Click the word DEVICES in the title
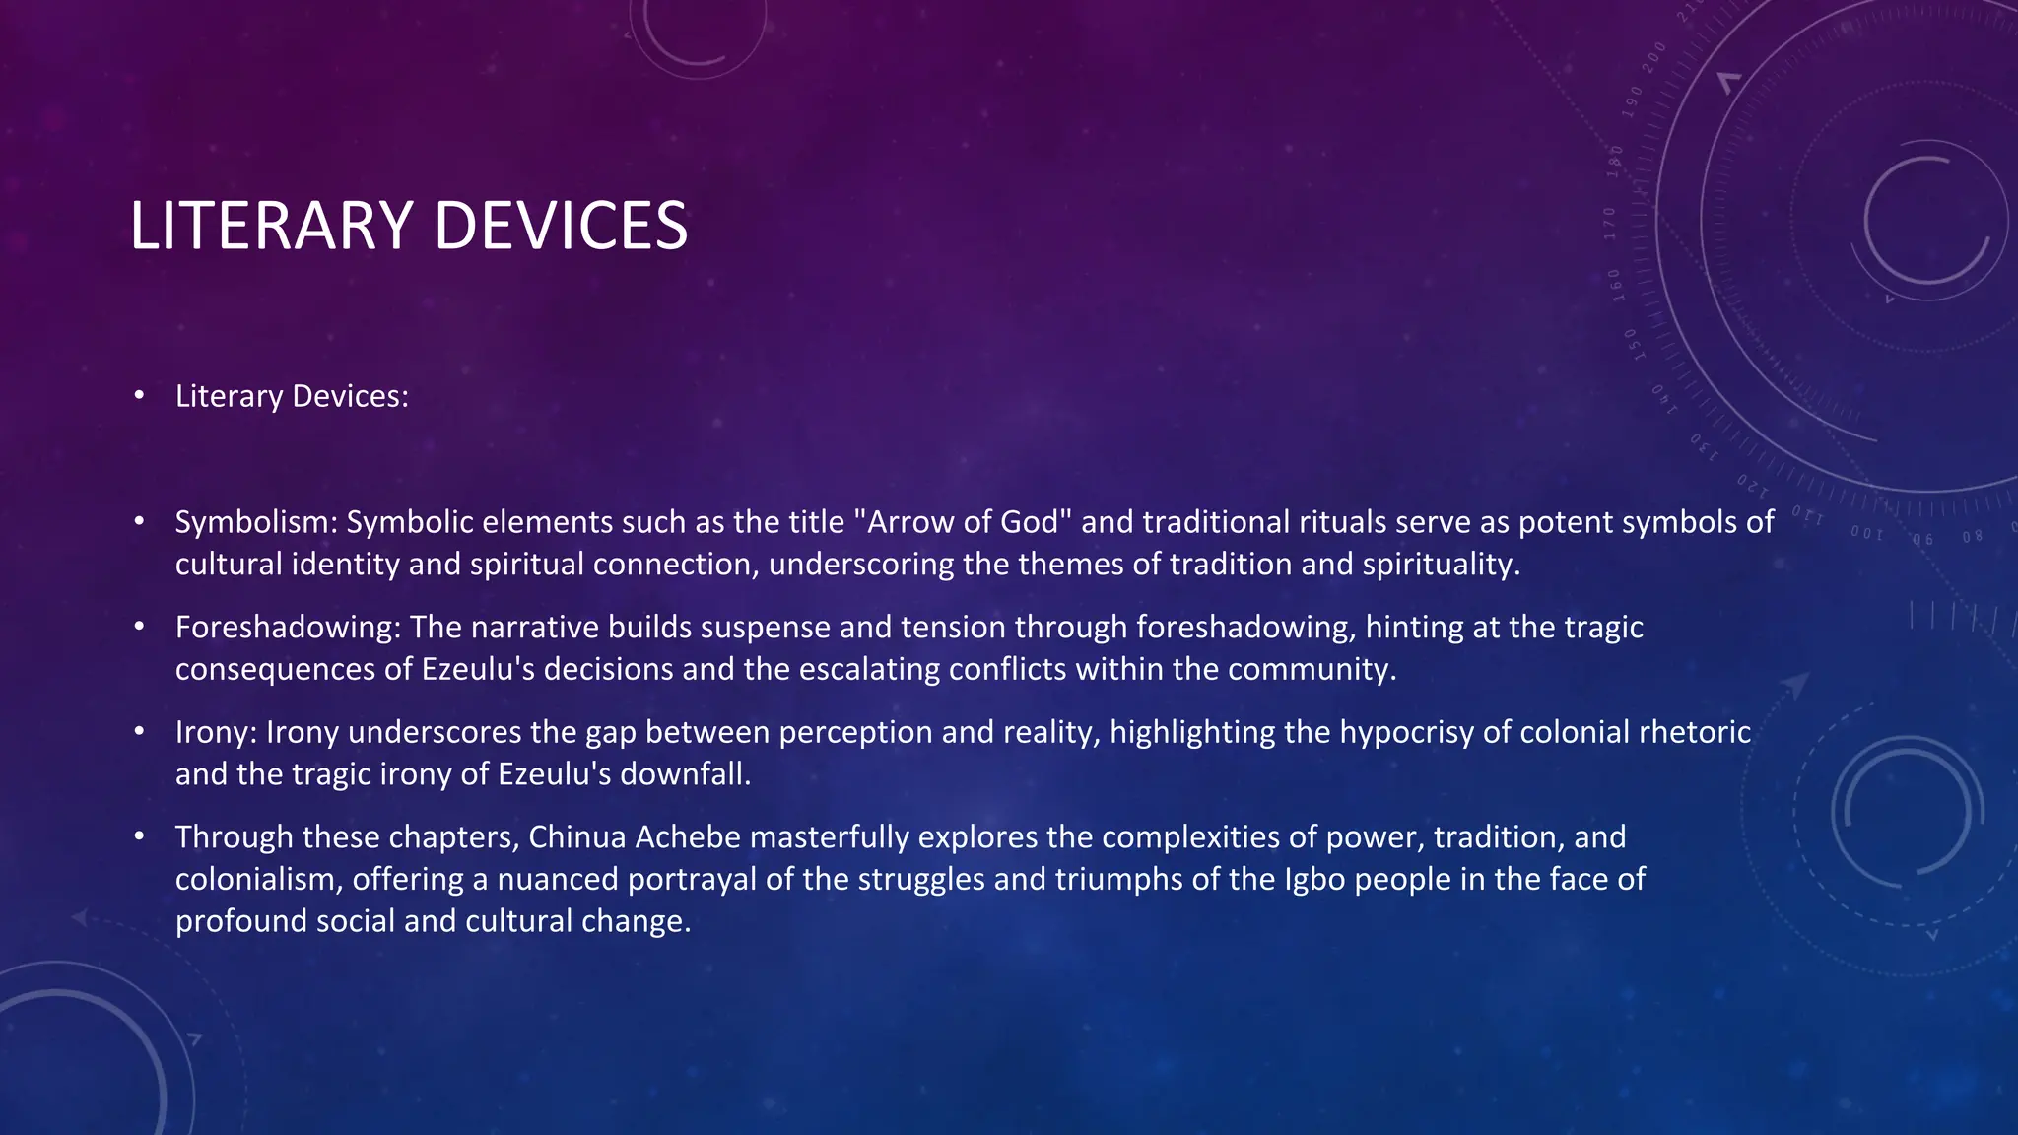(x=560, y=226)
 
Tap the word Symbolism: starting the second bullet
(x=256, y=522)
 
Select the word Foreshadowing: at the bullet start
(x=288, y=628)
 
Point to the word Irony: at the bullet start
(x=216, y=732)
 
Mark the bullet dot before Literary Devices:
(x=140, y=396)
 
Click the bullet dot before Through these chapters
(x=140, y=837)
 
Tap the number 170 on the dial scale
(x=1609, y=224)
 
